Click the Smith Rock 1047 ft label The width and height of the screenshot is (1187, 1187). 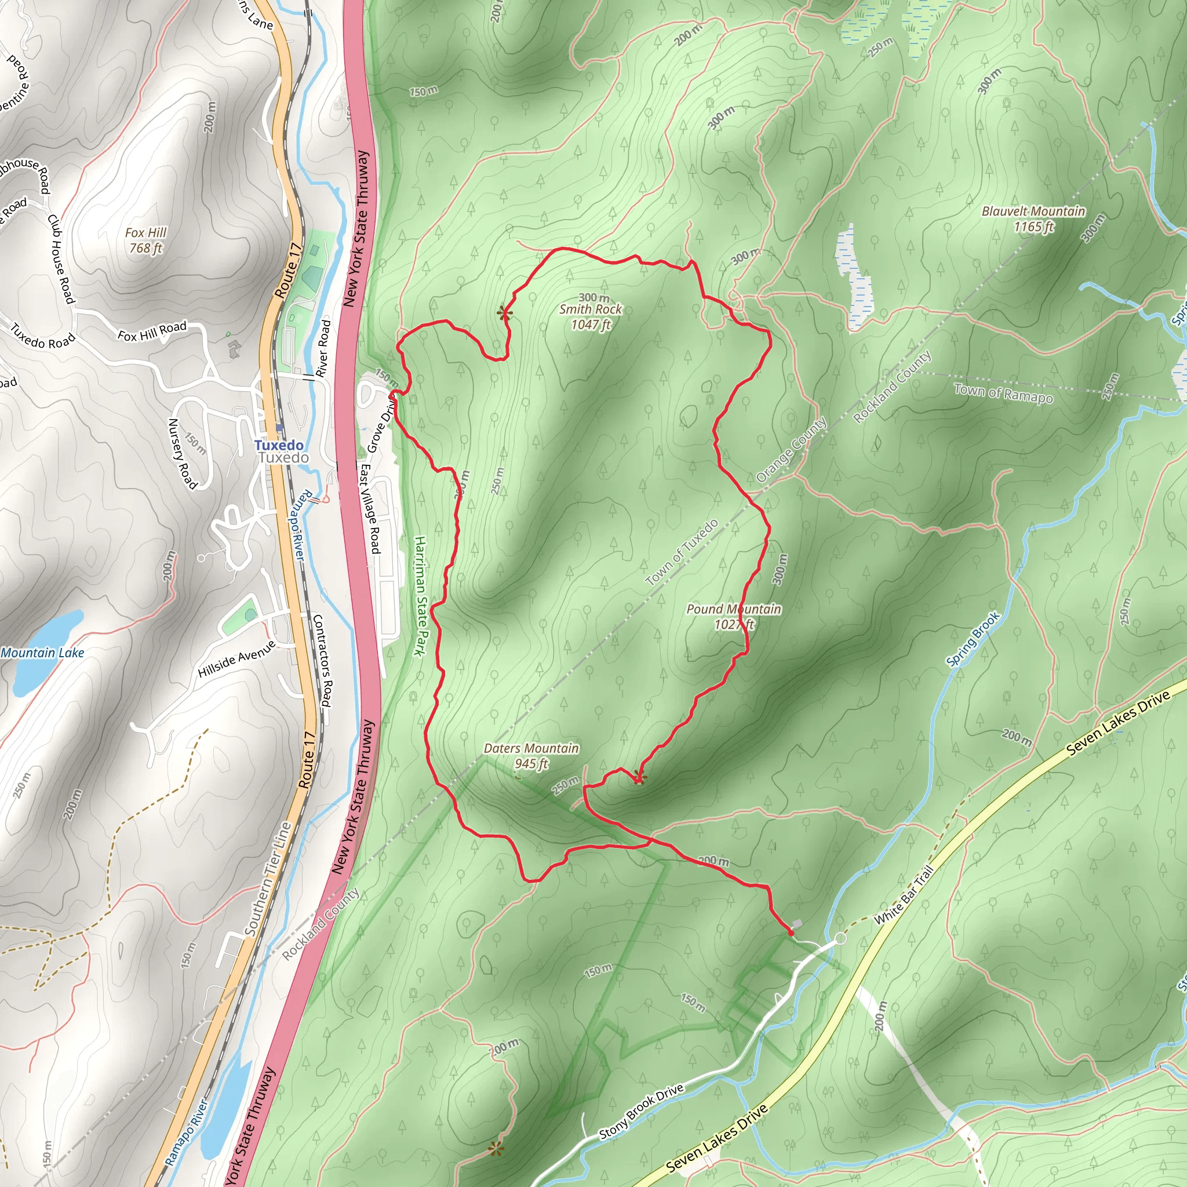tap(591, 316)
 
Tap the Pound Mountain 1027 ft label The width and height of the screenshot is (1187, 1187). tap(734, 616)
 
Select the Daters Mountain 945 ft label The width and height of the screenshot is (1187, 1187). tap(531, 756)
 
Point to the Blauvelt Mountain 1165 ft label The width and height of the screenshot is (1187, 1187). tap(1033, 219)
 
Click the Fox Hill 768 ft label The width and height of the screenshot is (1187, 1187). tap(145, 240)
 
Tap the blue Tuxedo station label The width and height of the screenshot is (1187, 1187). tap(278, 445)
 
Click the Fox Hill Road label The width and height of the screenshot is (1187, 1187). tap(152, 331)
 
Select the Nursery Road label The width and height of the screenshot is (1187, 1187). tap(183, 453)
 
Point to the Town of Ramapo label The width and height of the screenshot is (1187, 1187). tap(1003, 392)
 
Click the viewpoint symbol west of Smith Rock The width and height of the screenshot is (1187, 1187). tap(504, 314)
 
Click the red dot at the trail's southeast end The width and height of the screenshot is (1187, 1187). tap(791, 933)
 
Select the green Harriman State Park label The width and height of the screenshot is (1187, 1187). tap(420, 595)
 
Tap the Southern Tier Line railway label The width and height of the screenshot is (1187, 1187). tap(268, 879)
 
